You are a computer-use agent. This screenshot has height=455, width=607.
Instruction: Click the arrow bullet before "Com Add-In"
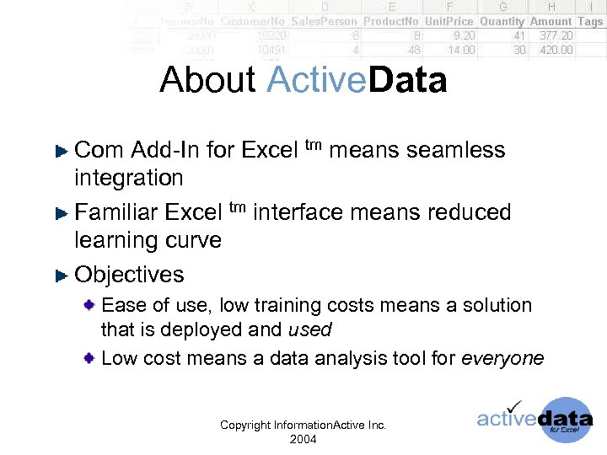pos(61,152)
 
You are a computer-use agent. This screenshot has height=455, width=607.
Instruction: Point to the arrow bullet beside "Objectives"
pos(61,276)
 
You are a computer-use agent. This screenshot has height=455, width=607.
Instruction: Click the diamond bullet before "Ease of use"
pos(89,305)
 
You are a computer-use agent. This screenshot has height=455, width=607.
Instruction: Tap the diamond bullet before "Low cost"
pos(89,359)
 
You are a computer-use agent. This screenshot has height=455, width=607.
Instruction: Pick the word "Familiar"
pos(117,212)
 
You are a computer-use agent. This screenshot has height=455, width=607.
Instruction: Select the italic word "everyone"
pos(503,359)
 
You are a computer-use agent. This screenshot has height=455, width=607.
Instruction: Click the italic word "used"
pos(309,330)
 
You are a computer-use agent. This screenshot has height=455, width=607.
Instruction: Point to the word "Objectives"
pos(129,275)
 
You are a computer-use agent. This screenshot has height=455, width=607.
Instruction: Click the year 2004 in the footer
pos(303,439)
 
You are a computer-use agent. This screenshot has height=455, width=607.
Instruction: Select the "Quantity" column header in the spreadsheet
pos(502,21)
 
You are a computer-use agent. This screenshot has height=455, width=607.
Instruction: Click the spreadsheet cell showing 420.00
pos(556,50)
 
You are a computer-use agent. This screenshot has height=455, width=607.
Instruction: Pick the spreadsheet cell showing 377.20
pos(556,35)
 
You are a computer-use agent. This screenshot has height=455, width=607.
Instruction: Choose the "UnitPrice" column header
pos(450,21)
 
